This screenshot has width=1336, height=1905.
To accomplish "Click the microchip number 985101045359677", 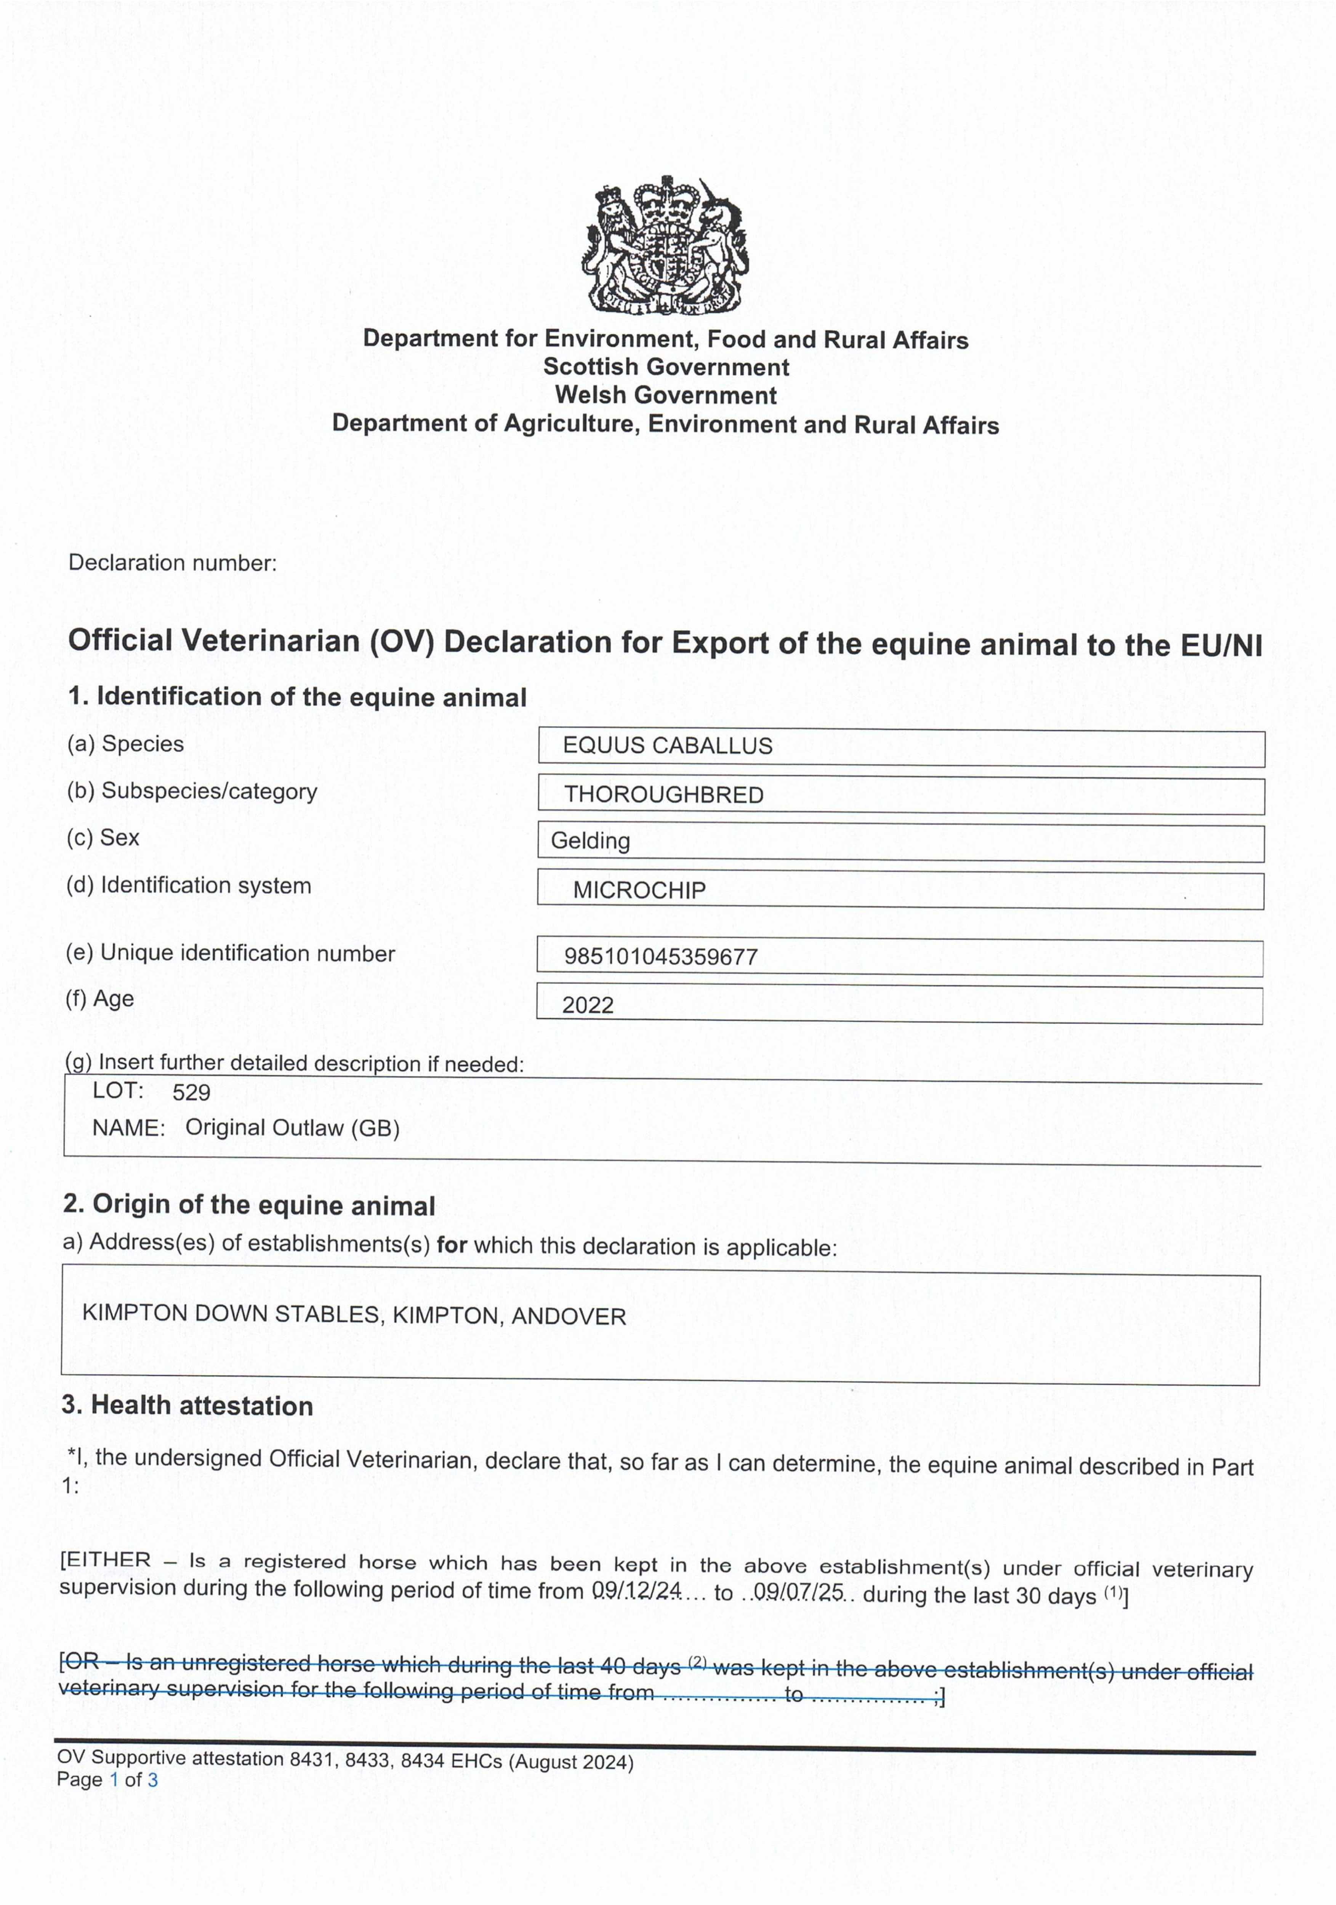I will (660, 957).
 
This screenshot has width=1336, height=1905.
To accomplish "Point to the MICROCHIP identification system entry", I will (639, 890).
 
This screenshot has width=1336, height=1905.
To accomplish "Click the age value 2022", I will (588, 1005).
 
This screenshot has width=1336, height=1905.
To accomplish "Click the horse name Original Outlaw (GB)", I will (292, 1127).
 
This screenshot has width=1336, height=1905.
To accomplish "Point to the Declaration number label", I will (173, 562).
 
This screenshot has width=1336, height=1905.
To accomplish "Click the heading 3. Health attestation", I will (187, 1406).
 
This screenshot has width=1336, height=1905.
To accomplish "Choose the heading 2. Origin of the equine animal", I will (249, 1205).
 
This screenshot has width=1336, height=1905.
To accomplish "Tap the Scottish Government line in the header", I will (666, 367).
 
